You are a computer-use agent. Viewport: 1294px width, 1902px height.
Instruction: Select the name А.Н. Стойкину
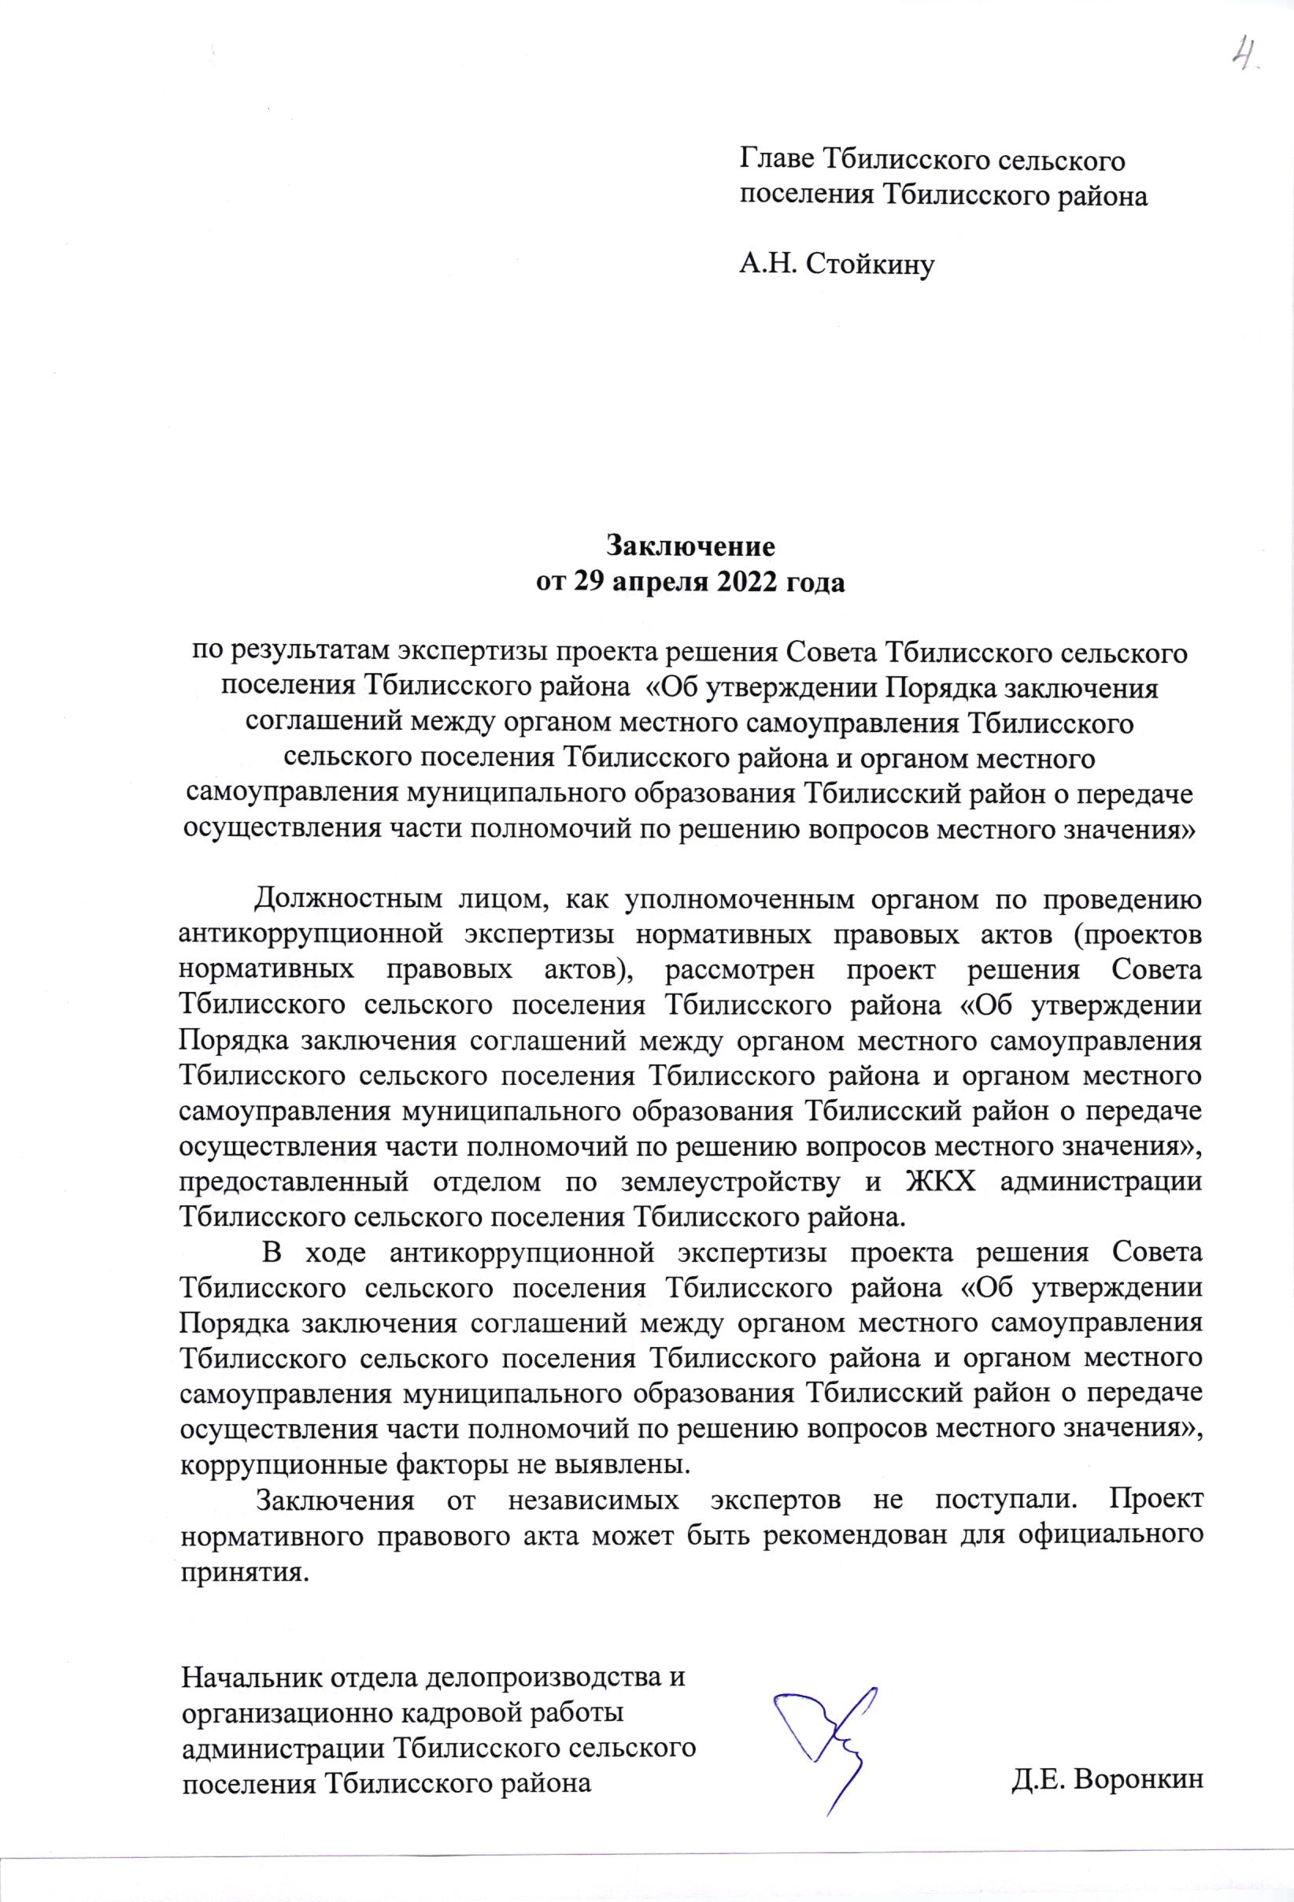[837, 264]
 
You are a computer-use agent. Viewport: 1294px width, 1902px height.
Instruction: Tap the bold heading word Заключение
[690, 544]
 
